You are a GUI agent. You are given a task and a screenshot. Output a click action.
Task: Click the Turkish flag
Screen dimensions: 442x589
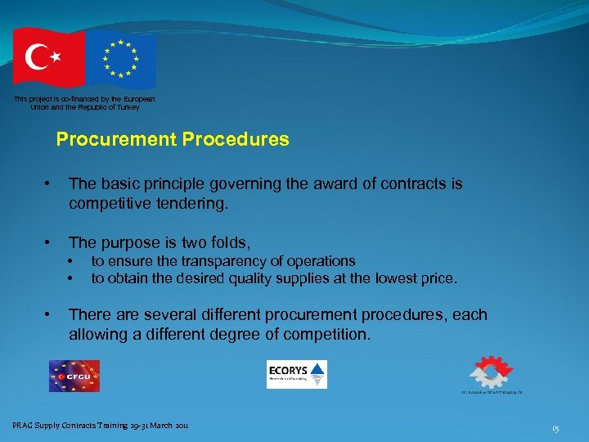[47, 57]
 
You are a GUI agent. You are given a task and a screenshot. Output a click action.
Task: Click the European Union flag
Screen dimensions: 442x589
[121, 60]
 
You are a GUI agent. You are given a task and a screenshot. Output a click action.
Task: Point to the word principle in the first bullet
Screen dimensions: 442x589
[174, 184]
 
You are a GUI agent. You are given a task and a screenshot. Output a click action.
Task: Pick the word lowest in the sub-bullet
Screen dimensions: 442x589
[399, 278]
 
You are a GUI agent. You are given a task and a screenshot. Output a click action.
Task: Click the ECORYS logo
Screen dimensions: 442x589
[296, 374]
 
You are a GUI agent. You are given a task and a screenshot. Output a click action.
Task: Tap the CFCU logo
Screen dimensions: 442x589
[74, 376]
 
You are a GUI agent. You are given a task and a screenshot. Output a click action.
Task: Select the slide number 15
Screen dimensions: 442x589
[555, 428]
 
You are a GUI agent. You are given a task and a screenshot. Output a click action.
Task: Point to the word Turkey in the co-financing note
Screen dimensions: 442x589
[128, 107]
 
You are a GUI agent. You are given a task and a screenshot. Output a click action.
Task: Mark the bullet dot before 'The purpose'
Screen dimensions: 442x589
[51, 242]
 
